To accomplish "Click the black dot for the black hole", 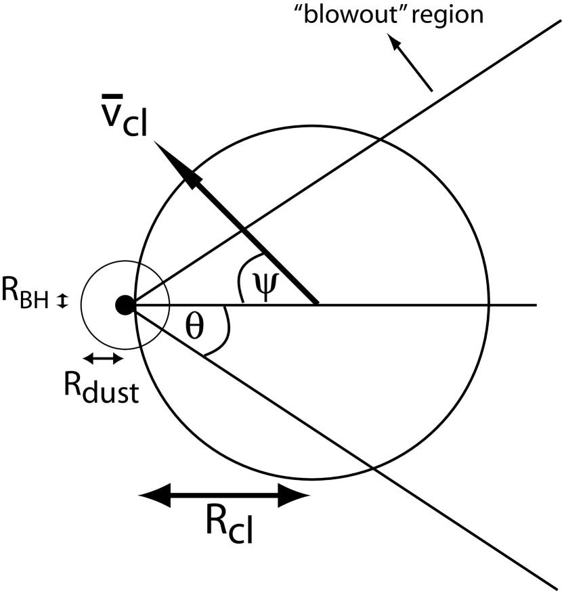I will pos(125,305).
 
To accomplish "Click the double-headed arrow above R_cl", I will pos(223,496).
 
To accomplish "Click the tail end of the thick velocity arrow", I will pos(316,302).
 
